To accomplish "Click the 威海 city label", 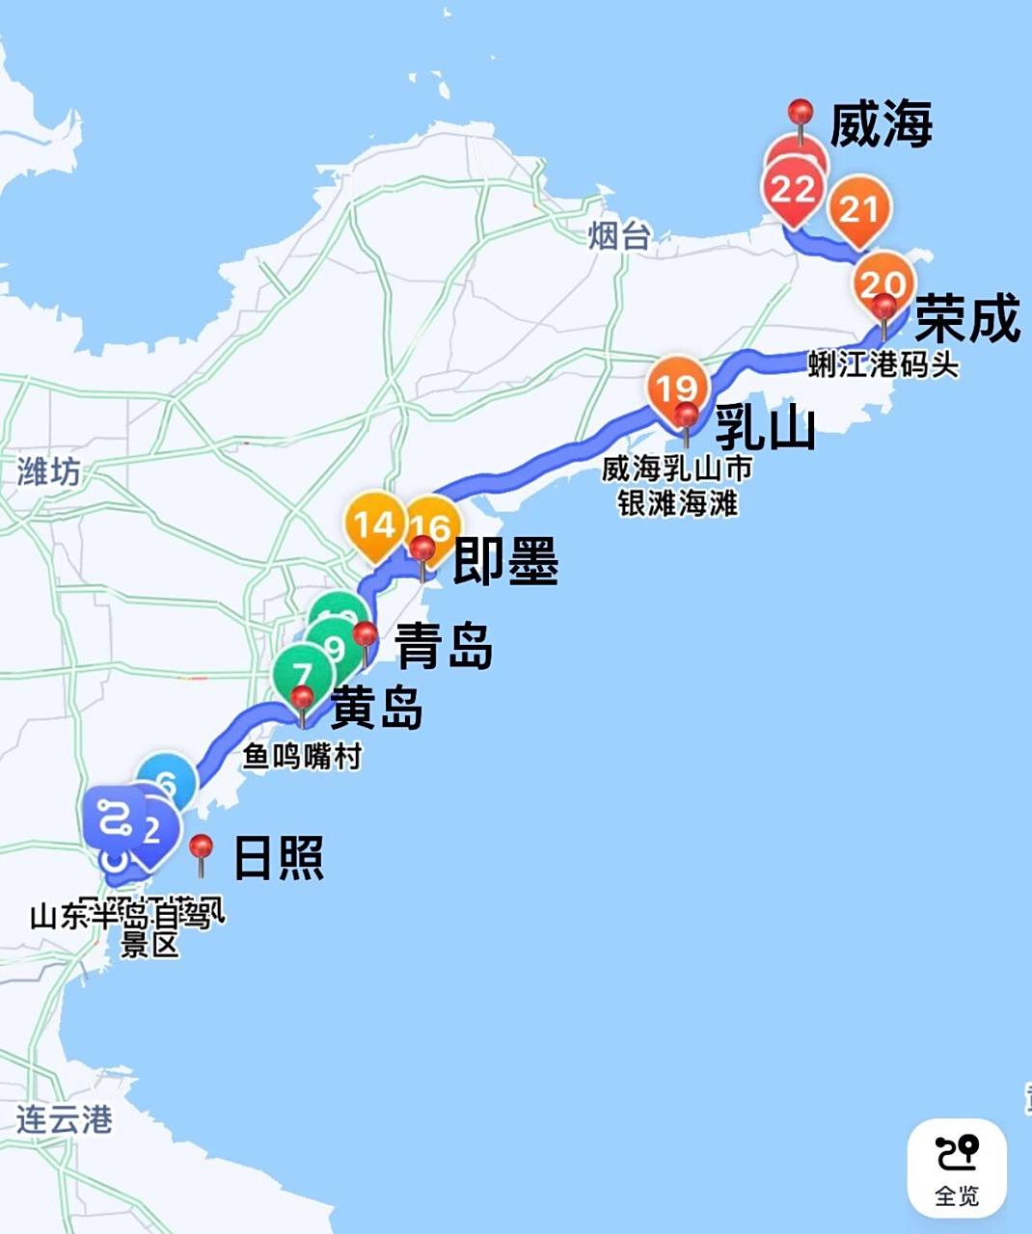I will [881, 126].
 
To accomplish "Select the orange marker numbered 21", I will [858, 209].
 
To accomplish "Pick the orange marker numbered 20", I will [881, 282].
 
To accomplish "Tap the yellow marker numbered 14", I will [373, 524].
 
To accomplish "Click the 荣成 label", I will [966, 320].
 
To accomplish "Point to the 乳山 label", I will [764, 428].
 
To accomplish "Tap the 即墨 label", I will [505, 561].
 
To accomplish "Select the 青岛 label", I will [445, 645].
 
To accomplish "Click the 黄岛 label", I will [377, 709].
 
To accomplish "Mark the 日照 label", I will [279, 857].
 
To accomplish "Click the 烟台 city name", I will [619, 234].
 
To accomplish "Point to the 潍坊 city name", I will [48, 471].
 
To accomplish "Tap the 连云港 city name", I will [64, 1119].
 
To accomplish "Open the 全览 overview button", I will [957, 1167].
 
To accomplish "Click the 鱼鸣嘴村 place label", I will [302, 756].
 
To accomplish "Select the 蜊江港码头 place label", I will [883, 364].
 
